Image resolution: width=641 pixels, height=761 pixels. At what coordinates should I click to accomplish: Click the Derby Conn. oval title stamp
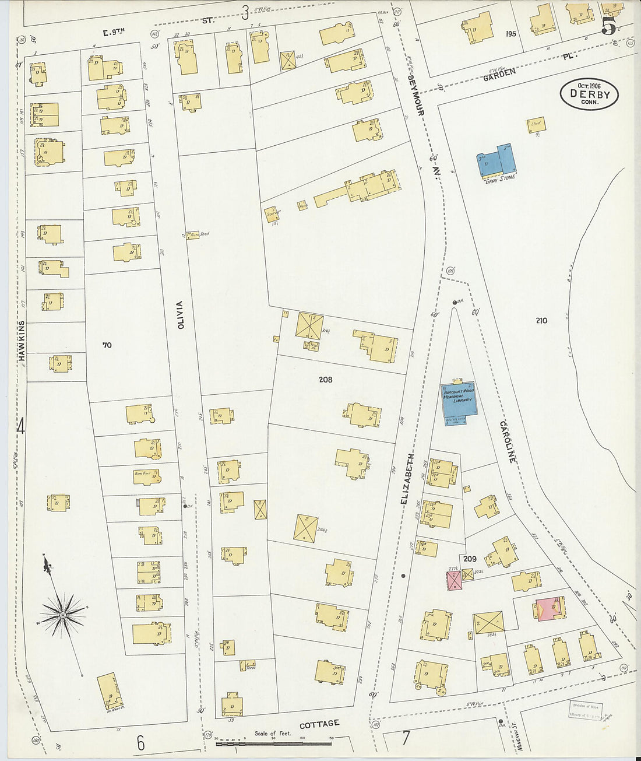589,94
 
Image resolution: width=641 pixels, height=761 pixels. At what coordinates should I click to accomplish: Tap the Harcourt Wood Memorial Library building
458,399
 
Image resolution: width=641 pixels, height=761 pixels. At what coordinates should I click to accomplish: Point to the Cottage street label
319,724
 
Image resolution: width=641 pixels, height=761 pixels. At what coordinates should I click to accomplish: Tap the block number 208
325,380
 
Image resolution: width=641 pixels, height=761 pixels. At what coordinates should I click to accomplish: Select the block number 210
541,320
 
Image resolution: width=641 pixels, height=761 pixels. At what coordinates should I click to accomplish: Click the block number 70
107,345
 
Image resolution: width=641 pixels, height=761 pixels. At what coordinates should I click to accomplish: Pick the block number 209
469,559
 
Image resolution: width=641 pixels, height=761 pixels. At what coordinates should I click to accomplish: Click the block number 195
511,34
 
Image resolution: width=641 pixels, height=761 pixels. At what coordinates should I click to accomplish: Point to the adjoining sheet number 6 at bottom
140,743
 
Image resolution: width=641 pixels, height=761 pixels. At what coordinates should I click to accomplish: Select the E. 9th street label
114,33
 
